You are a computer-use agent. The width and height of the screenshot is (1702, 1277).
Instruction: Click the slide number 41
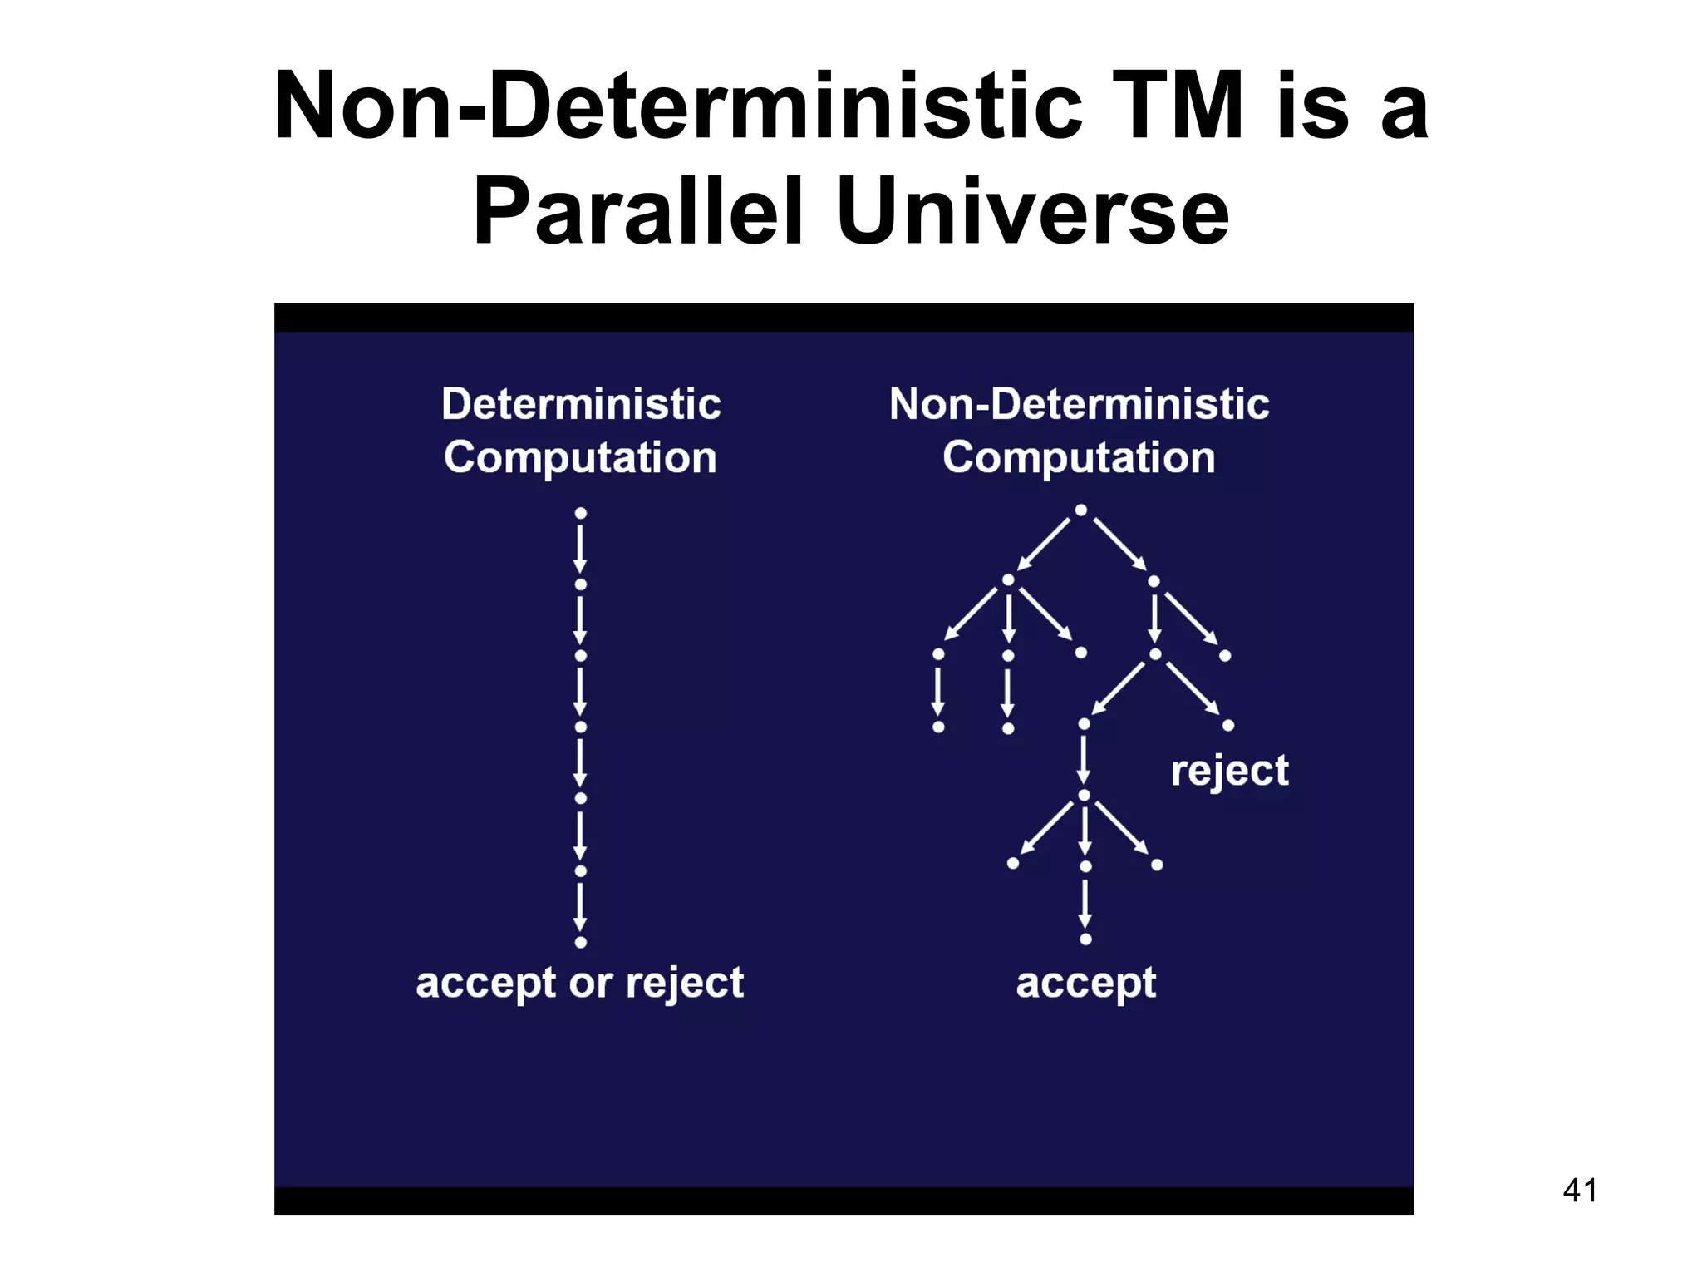[1579, 1190]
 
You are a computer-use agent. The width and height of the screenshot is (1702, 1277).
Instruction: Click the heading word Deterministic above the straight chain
[581, 405]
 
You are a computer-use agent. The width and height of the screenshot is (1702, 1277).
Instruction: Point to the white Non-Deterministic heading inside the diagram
[1079, 405]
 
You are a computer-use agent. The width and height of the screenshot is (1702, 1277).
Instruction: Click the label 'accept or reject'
[579, 983]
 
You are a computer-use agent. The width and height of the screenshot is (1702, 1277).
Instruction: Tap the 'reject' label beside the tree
[1229, 771]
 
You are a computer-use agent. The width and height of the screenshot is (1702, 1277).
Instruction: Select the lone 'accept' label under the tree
[1085, 983]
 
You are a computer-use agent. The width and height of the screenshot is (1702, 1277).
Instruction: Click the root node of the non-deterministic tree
[1080, 510]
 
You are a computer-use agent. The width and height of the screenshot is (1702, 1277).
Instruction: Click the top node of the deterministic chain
[581, 513]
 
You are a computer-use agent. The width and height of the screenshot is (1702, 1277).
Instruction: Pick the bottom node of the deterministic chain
[581, 942]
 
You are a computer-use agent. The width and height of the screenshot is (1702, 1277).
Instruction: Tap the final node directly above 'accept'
[1085, 939]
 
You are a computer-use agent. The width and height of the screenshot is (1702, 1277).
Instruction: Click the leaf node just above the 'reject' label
[1228, 726]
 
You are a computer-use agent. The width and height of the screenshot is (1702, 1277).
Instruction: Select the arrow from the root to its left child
[1044, 545]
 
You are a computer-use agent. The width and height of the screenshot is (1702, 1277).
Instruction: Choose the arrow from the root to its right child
[1119, 545]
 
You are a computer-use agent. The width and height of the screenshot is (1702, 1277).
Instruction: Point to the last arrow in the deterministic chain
[581, 907]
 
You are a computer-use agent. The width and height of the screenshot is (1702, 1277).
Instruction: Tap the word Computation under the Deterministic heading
[580, 458]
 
